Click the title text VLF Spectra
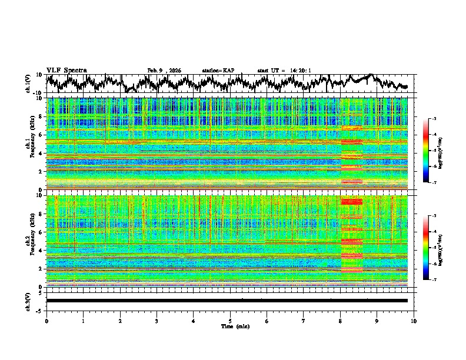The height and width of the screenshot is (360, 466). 66,70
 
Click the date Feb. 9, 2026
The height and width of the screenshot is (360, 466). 164,71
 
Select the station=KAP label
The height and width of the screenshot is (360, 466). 218,71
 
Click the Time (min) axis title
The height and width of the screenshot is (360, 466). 230,326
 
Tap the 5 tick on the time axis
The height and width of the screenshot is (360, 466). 230,321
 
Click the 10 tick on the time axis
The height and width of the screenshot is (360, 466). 414,321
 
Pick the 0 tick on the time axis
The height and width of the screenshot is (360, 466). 46,321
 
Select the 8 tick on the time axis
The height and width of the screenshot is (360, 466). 340,321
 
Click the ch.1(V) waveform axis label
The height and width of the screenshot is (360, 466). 28,84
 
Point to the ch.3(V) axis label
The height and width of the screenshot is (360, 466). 28,301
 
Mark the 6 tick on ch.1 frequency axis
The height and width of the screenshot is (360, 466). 41,135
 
